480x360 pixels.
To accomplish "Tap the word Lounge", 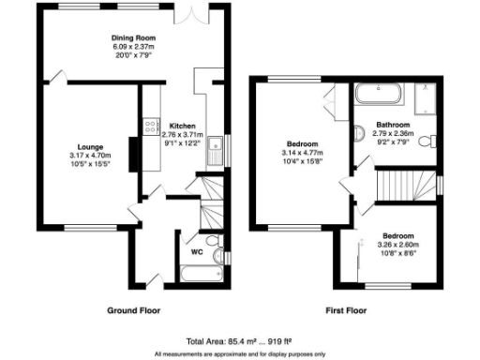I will click(x=89, y=147).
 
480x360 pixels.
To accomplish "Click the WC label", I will click(x=197, y=251).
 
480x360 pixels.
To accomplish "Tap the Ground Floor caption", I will click(x=133, y=310).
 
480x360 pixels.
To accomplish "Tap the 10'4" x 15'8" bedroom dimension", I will click(x=302, y=161).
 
